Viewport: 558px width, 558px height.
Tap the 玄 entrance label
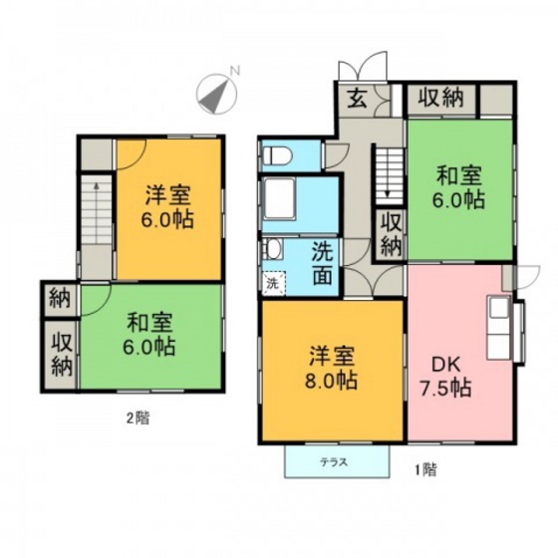click(x=356, y=99)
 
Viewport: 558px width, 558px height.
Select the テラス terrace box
click(x=335, y=461)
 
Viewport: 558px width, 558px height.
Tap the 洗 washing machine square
click(x=273, y=282)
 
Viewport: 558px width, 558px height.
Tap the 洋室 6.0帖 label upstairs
click(x=166, y=206)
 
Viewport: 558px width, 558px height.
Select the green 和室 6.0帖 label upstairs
click(x=150, y=335)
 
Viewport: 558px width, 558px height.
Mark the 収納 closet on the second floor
click(x=59, y=353)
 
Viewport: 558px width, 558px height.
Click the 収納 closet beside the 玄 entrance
click(x=440, y=98)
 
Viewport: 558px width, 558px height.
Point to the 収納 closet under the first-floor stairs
click(x=390, y=235)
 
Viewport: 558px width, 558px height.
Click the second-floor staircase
click(x=96, y=209)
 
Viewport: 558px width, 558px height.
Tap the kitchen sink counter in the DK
click(x=498, y=329)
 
